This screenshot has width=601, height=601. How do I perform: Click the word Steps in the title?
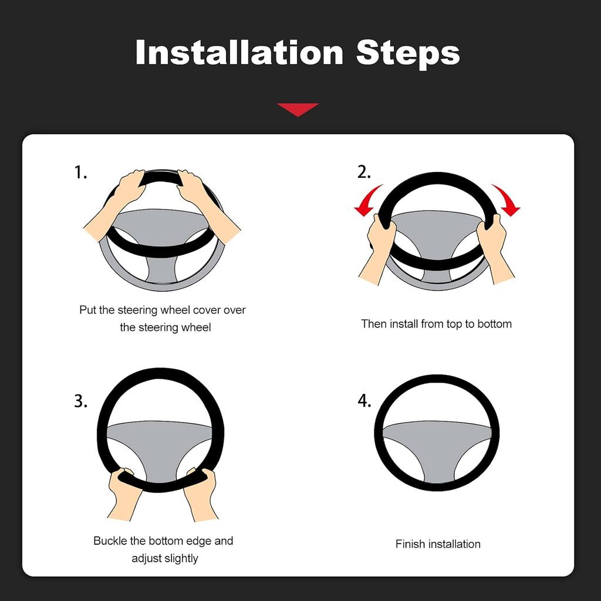tap(408, 53)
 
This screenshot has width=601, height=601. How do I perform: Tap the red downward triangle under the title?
tap(298, 109)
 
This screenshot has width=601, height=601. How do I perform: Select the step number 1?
tap(80, 173)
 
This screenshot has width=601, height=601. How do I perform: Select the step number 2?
tap(364, 173)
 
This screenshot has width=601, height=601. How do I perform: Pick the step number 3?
tap(80, 401)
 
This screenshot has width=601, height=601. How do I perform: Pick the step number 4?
tap(364, 401)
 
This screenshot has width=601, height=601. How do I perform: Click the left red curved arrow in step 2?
tap(368, 200)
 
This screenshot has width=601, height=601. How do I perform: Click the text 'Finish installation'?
tap(438, 544)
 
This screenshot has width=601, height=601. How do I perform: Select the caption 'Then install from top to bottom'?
tap(436, 324)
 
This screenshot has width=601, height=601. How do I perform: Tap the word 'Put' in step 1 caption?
tap(87, 310)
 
